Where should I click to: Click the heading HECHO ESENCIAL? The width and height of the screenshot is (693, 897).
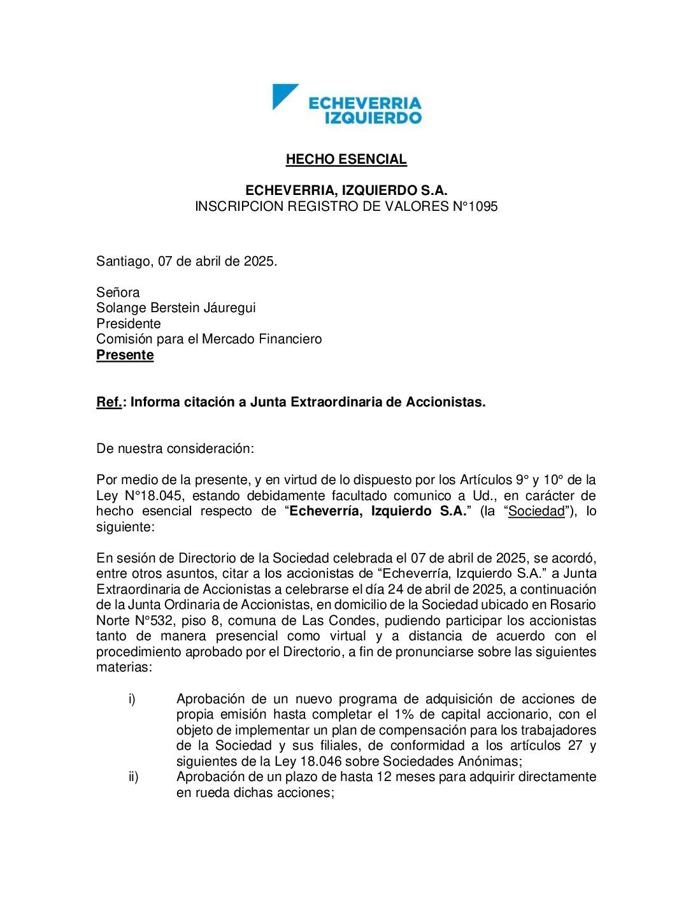click(x=346, y=159)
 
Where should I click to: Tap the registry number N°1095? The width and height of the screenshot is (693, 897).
click(x=475, y=206)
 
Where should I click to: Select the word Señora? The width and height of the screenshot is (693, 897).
click(x=118, y=292)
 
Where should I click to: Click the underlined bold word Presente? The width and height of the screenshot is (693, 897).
click(x=125, y=355)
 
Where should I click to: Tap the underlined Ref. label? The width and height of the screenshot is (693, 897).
click(x=109, y=402)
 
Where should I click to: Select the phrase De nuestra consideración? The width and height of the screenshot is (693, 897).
click(x=175, y=448)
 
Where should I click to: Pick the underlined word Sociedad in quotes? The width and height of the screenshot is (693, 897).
click(x=536, y=511)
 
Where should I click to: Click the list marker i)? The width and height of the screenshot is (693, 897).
click(x=132, y=699)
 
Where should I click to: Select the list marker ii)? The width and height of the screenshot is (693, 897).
click(x=133, y=777)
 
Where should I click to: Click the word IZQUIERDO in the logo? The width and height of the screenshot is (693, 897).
click(x=373, y=118)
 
